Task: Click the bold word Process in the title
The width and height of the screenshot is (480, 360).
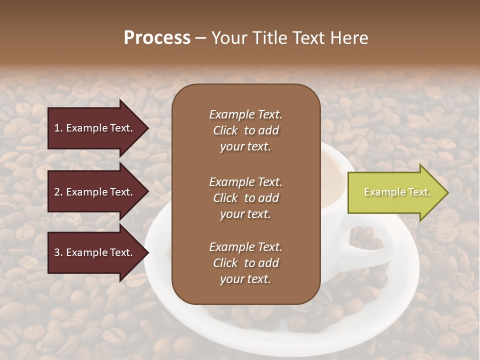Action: pyautogui.click(x=157, y=38)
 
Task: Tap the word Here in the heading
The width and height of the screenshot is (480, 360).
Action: pyautogui.click(x=350, y=38)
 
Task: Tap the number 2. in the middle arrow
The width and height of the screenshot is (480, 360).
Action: pyautogui.click(x=58, y=192)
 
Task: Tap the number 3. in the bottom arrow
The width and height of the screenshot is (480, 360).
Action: pyautogui.click(x=58, y=252)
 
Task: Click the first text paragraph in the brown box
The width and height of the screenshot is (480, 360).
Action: pyautogui.click(x=245, y=130)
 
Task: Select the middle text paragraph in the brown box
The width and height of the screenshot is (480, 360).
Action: pyautogui.click(x=245, y=197)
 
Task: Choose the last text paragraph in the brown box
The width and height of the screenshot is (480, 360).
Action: pyautogui.click(x=245, y=263)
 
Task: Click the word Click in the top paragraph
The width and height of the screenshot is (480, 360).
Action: pyautogui.click(x=225, y=130)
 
